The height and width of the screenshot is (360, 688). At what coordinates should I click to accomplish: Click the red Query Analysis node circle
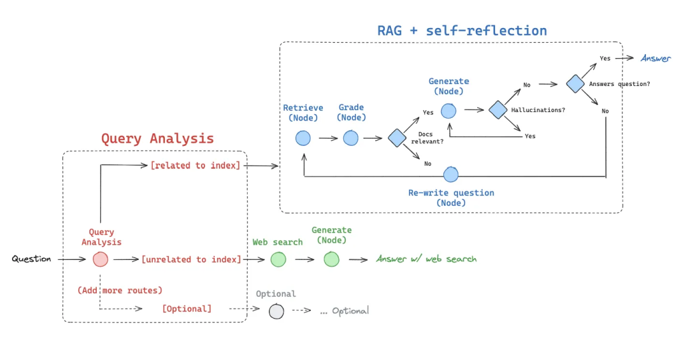click(100, 259)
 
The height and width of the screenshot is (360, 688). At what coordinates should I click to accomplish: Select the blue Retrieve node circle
click(303, 138)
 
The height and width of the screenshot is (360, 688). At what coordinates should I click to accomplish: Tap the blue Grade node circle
click(351, 138)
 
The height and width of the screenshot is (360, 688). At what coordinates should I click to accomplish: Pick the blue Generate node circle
click(448, 110)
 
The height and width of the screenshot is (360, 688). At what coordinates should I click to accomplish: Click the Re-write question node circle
click(451, 175)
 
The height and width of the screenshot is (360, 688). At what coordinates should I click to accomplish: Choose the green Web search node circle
click(278, 259)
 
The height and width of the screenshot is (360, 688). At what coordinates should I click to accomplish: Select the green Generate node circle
click(331, 259)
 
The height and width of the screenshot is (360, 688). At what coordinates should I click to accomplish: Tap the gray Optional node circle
click(276, 312)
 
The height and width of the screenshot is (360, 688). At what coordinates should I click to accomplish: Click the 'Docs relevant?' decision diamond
click(397, 138)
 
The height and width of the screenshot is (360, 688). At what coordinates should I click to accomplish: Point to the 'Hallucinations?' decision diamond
click(498, 110)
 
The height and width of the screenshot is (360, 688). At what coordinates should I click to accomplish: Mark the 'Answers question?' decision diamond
click(575, 84)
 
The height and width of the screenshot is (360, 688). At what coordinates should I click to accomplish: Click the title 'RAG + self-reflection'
click(462, 31)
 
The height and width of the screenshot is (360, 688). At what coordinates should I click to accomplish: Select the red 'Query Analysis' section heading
click(157, 138)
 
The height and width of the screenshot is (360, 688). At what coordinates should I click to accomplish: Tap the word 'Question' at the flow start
click(31, 259)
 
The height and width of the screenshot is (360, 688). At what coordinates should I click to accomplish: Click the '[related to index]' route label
click(195, 166)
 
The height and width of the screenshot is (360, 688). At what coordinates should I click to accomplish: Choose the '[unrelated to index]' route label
click(191, 259)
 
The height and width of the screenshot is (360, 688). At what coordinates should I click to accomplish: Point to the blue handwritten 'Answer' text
click(656, 59)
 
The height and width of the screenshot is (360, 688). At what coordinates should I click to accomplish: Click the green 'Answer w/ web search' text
click(426, 259)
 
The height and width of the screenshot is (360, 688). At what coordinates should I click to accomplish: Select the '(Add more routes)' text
click(120, 291)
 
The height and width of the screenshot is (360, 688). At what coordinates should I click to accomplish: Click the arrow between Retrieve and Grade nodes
click(327, 138)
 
